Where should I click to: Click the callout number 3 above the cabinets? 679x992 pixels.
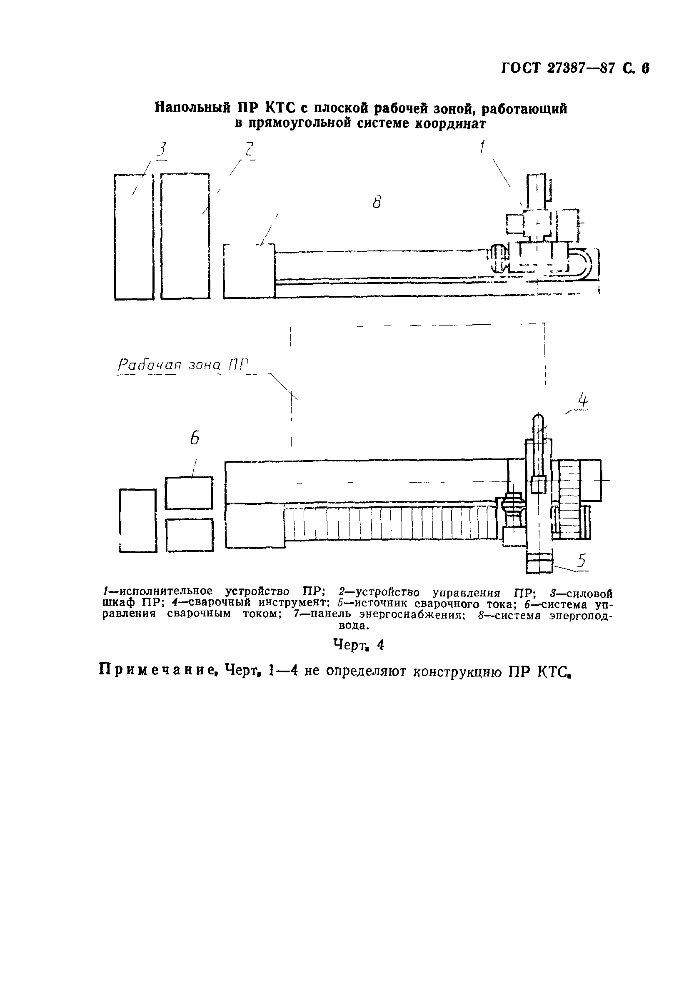pyautogui.click(x=162, y=150)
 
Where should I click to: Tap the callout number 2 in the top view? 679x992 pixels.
pyautogui.click(x=248, y=149)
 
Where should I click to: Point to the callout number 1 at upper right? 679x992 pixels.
pyautogui.click(x=482, y=147)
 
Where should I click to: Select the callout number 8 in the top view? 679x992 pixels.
pyautogui.click(x=376, y=201)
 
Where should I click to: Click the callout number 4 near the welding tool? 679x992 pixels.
pyautogui.click(x=583, y=401)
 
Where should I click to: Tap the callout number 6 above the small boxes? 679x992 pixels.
pyautogui.click(x=195, y=438)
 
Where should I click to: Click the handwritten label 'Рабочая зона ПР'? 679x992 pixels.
pyautogui.click(x=182, y=365)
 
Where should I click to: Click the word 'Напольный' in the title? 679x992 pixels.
pyautogui.click(x=191, y=108)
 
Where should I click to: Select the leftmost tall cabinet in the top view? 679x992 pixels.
pyautogui.click(x=134, y=237)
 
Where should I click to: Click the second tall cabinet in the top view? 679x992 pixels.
pyautogui.click(x=185, y=237)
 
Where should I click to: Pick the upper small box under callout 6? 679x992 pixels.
pyautogui.click(x=189, y=493)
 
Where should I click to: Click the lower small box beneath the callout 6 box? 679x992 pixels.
pyautogui.click(x=190, y=535)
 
